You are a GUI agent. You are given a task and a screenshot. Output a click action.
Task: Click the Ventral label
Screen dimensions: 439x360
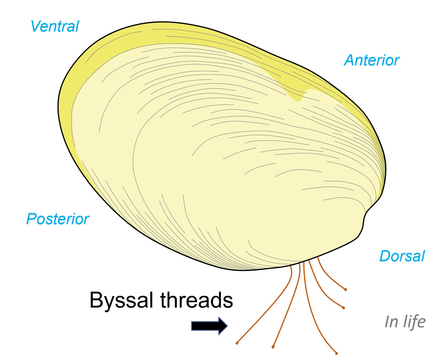pos(55,27)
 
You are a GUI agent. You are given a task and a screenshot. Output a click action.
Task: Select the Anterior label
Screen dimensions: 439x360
pos(372,60)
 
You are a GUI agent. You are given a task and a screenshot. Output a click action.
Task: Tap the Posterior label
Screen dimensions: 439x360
pos(58,219)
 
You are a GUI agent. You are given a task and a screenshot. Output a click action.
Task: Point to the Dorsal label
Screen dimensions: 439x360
pos(402,256)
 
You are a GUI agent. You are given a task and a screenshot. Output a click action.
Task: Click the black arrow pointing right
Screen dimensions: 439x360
pos(209,326)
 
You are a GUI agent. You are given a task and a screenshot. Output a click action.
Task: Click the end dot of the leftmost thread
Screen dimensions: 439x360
pos(237,343)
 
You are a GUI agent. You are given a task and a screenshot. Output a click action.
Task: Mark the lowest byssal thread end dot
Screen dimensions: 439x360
pos(336,353)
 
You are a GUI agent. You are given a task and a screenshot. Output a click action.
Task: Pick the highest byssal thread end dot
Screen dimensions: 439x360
pos(346,290)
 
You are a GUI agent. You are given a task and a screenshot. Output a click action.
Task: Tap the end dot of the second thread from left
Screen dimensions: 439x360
pos(273,347)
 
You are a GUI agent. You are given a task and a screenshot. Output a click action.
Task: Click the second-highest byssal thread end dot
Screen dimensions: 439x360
pos(344,308)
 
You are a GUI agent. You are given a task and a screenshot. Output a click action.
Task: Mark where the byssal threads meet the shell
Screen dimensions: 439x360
pos(304,261)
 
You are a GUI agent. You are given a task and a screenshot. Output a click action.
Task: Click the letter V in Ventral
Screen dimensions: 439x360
pos(37,26)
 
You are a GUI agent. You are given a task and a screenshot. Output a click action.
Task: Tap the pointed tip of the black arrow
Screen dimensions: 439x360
pos(227,326)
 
